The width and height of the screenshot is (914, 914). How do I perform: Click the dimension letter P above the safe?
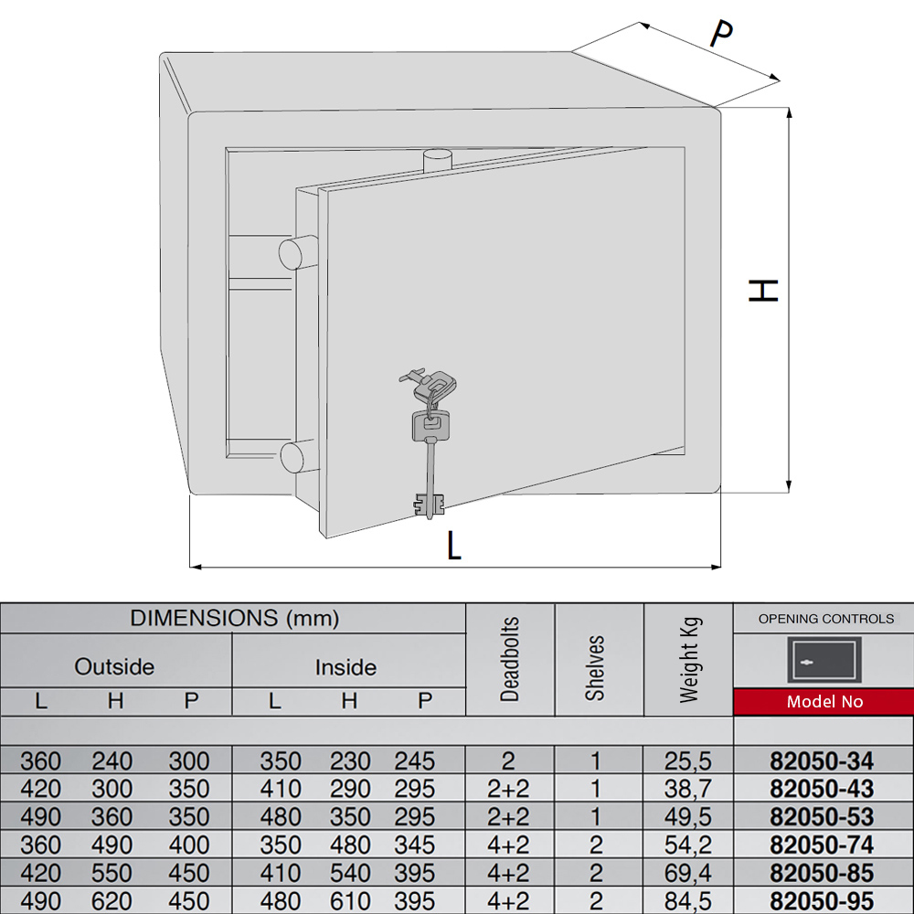721,33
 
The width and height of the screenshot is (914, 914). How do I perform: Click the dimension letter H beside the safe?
763,291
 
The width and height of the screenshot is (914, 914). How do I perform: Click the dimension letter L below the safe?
454,546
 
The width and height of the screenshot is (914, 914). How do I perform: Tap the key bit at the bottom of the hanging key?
430,505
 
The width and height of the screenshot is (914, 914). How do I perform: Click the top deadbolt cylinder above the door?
437,161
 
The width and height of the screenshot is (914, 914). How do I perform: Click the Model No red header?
824,701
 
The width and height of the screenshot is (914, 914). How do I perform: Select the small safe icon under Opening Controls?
824,659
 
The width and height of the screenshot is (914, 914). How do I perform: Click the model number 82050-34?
822,760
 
